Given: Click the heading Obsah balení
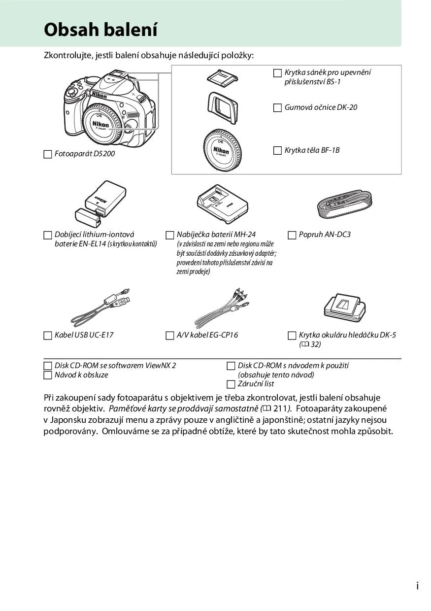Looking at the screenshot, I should pos(100,30).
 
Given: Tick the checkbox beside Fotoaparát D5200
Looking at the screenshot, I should pos(48,154).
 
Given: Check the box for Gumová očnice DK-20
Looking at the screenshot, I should pos(278,107).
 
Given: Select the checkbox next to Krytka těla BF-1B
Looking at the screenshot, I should pos(278,150).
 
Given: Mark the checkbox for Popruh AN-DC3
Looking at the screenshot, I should pos(292,235).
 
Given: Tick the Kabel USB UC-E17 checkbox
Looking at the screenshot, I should pos(48,336).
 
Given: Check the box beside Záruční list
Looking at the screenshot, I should pos(231,384).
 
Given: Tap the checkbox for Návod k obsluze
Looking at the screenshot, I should pos(48,375).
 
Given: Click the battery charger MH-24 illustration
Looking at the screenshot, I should pos(221,203).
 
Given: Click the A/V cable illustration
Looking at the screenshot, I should pos(222,307).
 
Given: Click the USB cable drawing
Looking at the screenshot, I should pos(101,306).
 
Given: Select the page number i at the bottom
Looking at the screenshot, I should pos(417,586).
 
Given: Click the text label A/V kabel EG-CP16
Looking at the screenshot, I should pos(207,335).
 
